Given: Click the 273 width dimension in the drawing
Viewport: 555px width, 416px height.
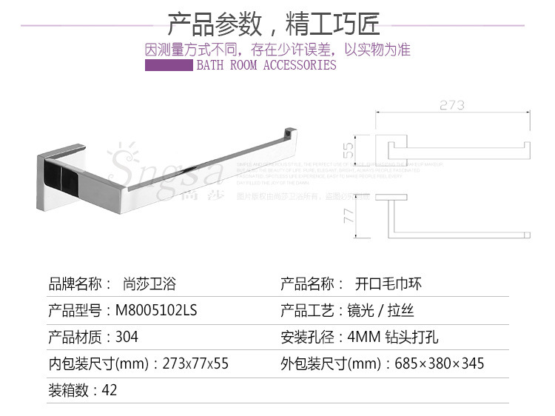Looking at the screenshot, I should [452, 105].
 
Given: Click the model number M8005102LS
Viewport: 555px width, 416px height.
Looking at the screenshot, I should [156, 311].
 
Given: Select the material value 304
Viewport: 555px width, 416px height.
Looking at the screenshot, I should [127, 337].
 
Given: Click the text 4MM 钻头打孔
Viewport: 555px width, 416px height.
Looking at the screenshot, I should [393, 337].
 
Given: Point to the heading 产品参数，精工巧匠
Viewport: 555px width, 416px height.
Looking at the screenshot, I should [274, 25].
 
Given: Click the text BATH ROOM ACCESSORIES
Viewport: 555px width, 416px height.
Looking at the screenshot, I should [266, 65].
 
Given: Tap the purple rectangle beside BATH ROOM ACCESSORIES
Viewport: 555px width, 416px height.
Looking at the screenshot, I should [169, 65].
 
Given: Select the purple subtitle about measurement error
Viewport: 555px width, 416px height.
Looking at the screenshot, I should [277, 50].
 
